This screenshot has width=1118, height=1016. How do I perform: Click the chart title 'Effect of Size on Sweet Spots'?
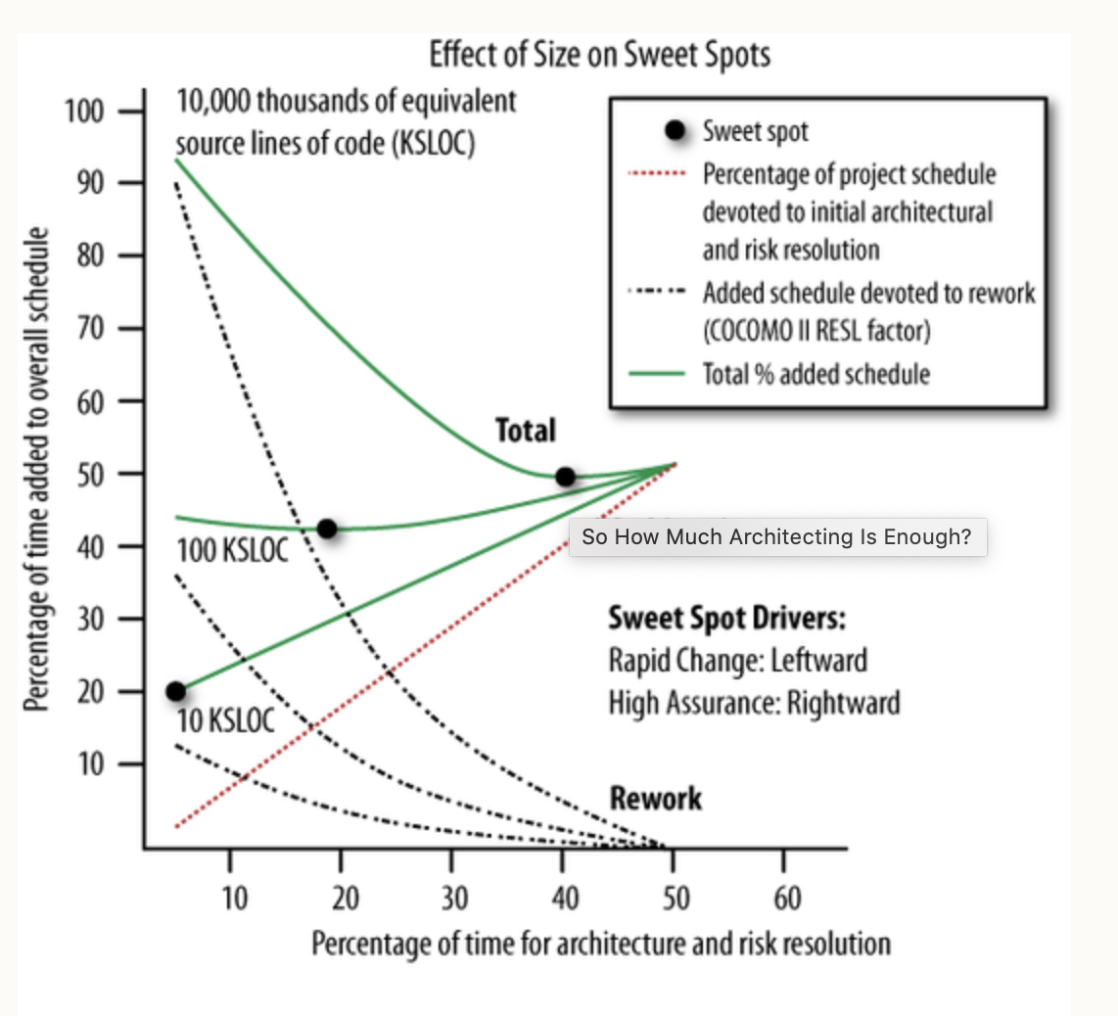click(599, 55)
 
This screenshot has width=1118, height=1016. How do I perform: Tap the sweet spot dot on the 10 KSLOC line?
click(176, 691)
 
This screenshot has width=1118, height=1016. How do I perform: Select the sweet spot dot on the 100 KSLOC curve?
click(327, 529)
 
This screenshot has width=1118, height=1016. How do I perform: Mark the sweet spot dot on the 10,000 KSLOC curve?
click(565, 477)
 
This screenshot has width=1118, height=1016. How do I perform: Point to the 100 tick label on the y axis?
click(84, 111)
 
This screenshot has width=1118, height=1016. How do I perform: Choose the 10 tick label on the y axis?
click(90, 763)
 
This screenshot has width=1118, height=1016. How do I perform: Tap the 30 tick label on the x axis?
click(453, 897)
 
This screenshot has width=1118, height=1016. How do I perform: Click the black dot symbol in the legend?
click(675, 130)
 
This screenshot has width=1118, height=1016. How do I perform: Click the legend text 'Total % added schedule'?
click(815, 373)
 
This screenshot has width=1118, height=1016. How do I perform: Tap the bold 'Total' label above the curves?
click(526, 431)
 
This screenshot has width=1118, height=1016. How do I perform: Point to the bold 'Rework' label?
click(656, 798)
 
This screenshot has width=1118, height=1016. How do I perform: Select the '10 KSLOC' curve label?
click(227, 721)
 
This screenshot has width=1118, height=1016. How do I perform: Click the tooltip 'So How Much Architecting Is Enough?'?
click(776, 536)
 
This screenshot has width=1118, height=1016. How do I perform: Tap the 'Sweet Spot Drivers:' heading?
click(727, 619)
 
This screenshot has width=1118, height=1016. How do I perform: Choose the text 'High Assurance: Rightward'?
click(754, 702)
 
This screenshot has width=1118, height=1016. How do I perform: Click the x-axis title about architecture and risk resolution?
click(601, 944)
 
